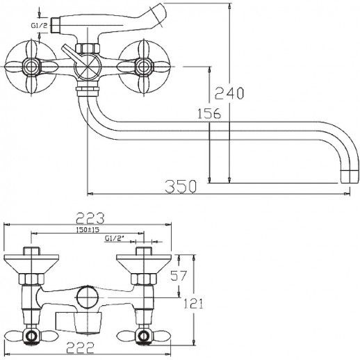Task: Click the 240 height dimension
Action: [x=229, y=93]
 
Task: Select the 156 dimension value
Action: [x=209, y=113]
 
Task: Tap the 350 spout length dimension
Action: [x=181, y=186]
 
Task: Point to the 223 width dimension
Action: [x=90, y=218]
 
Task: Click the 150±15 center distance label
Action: [x=88, y=229]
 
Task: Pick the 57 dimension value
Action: [x=179, y=275]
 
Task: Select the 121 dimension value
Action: [x=193, y=304]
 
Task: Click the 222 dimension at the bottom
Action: [x=81, y=347]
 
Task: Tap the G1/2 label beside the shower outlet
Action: [x=39, y=25]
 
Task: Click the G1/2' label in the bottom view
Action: [x=115, y=238]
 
